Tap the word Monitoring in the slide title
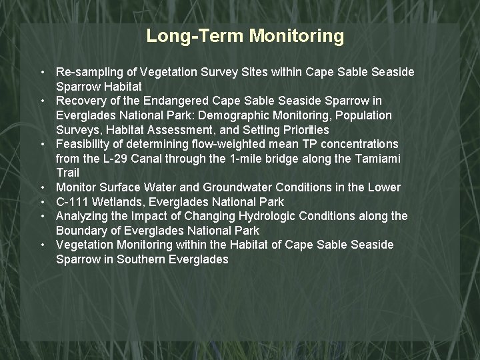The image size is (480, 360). pyautogui.click(x=297, y=35)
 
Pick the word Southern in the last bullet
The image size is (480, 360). pyautogui.click(x=141, y=259)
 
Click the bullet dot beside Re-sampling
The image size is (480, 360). pyautogui.click(x=42, y=72)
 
